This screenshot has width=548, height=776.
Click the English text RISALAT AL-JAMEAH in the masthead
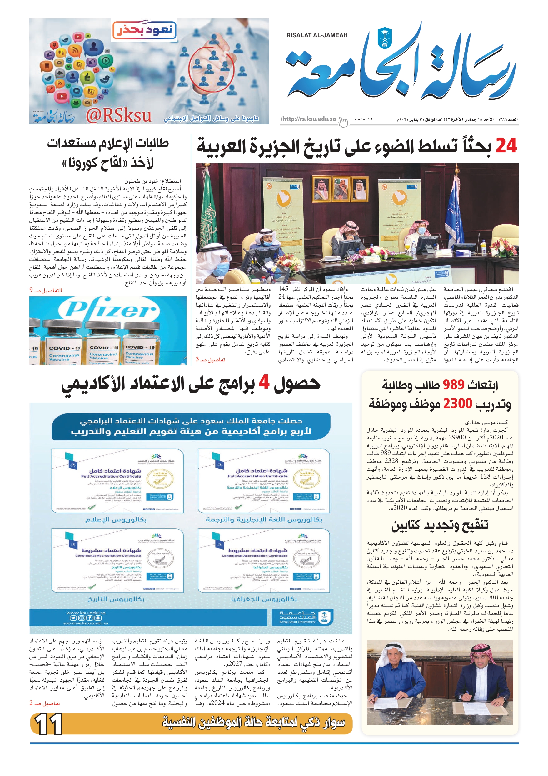(317, 35)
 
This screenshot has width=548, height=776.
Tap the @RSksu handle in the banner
(118, 116)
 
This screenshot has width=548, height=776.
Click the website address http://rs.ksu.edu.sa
(309, 119)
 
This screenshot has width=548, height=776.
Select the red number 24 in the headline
(506, 146)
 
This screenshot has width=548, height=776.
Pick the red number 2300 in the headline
(457, 403)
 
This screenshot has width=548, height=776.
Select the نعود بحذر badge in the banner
(145, 30)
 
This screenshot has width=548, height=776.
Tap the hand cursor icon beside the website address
(343, 122)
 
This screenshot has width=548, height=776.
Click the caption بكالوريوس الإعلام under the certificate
(116, 520)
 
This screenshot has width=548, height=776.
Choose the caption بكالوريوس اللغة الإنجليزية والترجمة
(264, 520)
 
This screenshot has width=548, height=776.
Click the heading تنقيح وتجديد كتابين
(440, 525)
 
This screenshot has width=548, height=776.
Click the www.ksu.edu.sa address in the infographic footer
(86, 613)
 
